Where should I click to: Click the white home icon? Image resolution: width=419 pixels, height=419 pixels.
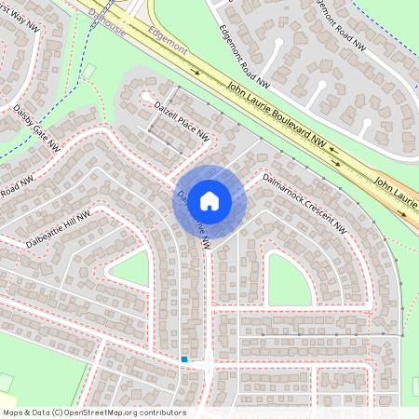click(x=209, y=199)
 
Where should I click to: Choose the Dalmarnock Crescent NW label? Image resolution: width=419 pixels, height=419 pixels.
click(x=304, y=202)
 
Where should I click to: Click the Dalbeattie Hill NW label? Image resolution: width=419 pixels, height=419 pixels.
click(x=59, y=230)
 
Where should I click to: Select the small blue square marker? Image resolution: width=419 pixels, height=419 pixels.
click(x=184, y=359)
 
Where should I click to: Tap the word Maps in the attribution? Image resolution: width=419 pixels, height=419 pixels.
click(x=12, y=412)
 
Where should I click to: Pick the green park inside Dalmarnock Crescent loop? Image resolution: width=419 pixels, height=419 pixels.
click(x=289, y=279)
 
